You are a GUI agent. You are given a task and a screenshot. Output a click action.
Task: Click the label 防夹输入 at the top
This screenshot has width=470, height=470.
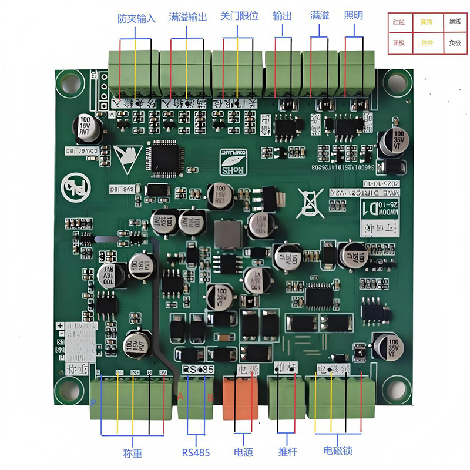tap(136, 18)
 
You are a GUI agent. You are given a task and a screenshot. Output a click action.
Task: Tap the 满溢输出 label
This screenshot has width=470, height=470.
tap(188, 17)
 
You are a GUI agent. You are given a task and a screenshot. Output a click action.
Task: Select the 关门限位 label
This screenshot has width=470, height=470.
tap(240, 16)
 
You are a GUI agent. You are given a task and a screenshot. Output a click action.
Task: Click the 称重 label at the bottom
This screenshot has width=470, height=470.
tap(133, 453)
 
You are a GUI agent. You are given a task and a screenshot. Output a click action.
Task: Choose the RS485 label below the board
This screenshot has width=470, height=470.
tap(196, 452)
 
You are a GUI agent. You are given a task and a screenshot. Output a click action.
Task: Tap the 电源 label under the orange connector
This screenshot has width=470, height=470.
tap(244, 452)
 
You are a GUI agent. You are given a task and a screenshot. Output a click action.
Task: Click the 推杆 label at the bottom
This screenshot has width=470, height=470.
tap(287, 452)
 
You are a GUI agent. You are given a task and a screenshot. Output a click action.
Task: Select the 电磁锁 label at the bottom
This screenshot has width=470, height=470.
tap(338, 451)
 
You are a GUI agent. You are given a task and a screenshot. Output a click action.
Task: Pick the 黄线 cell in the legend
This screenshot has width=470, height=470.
tap(426, 22)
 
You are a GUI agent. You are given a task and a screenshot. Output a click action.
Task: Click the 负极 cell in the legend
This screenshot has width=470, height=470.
tap(455, 43)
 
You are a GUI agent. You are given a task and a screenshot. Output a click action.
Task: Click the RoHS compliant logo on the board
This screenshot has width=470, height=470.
tap(233, 162)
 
